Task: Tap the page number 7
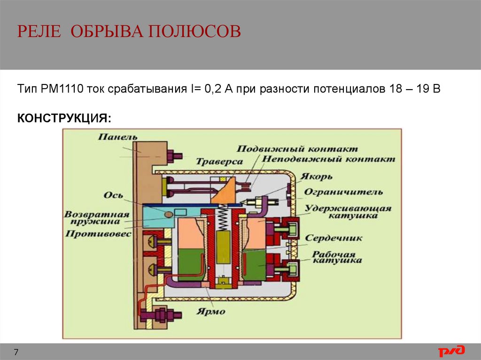pos(16,352)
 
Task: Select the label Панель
pos(118,137)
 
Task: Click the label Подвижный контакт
pos(297,149)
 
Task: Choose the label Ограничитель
pos(343,191)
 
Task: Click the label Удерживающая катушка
pos(348,212)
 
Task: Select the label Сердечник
pos(334,238)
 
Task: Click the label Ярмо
pos(212,311)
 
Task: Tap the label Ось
pos(115,195)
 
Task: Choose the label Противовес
pos(98,233)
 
